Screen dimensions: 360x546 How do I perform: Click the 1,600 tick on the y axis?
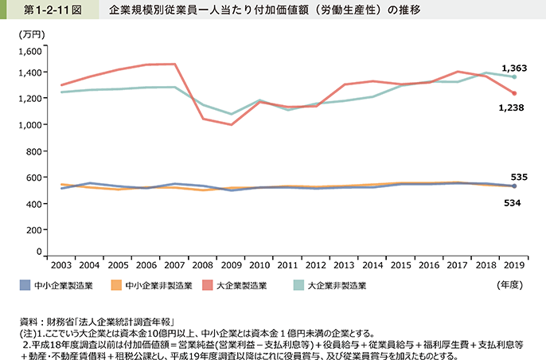point(27,50)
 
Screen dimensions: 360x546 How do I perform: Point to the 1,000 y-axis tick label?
point(27,125)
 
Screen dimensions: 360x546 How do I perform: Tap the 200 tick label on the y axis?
point(32,229)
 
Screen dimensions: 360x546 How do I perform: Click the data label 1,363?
point(513,68)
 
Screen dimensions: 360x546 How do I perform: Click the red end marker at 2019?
point(514,93)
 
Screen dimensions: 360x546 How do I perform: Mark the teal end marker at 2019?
point(514,76)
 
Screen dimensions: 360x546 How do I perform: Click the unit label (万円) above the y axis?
point(31,35)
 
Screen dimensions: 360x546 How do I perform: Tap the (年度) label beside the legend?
point(510,284)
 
